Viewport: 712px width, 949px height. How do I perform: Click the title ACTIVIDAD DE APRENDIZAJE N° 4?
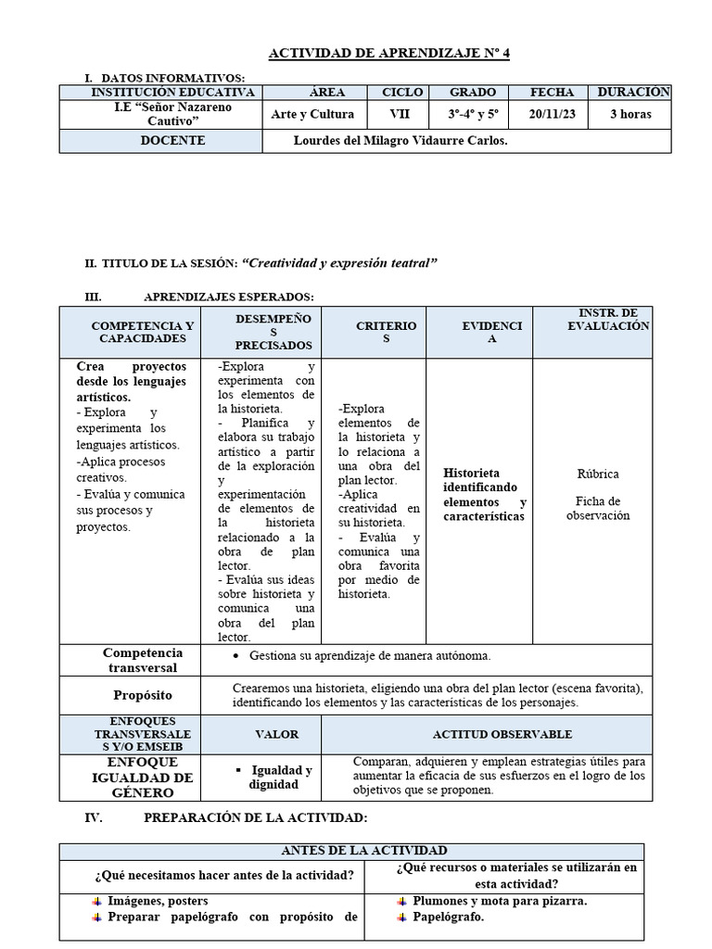388,53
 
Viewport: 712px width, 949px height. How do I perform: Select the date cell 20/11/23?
552,115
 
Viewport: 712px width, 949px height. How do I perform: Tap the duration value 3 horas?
630,115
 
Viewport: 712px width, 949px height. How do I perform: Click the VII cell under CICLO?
402,115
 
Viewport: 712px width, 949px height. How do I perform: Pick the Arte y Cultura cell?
312,115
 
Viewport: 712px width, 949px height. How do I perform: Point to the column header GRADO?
473,93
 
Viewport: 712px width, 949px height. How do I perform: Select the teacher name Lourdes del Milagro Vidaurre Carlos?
400,141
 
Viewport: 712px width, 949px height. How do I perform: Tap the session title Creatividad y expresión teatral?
338,263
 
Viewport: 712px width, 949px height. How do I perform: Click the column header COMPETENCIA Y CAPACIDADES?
143,332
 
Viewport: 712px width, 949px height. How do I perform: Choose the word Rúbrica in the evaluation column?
597,474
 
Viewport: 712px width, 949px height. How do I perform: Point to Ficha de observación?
597,508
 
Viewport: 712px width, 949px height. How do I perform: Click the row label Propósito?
143,694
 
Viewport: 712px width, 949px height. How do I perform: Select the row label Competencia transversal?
143,660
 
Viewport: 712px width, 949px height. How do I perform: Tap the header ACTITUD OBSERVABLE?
502,734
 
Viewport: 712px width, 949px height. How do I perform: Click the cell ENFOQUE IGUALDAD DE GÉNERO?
143,778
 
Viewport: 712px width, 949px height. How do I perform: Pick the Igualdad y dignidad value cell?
278,778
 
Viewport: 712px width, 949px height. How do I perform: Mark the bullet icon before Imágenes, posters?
97,901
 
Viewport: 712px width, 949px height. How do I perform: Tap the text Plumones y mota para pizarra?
500,901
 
